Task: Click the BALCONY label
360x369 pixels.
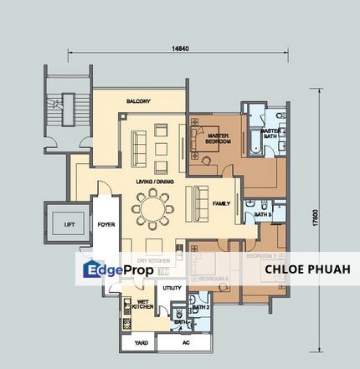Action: point(138,101)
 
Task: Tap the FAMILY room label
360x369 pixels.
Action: point(221,203)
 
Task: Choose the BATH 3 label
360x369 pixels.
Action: point(263,215)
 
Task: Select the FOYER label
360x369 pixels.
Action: point(106,224)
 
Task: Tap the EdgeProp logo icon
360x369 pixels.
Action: point(91,269)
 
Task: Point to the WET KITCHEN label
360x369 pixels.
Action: point(142,304)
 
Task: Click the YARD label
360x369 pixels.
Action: point(137,343)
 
